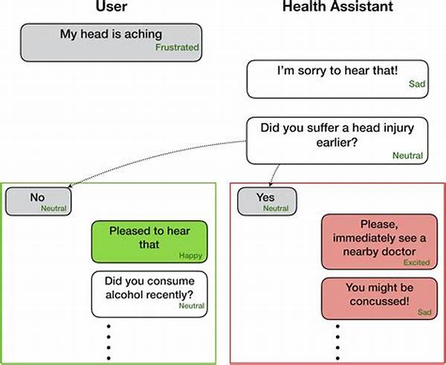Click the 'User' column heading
[x=111, y=6]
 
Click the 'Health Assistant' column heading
[x=337, y=6]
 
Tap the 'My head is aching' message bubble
[x=111, y=42]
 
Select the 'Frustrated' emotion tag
[x=177, y=48]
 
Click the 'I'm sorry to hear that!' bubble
[x=337, y=79]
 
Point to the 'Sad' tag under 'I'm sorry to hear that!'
[x=417, y=84]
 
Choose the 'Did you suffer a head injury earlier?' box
[x=337, y=140]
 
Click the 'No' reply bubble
[x=39, y=201]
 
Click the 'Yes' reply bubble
[x=267, y=201]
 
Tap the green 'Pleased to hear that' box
[x=149, y=242]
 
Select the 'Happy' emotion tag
[x=190, y=256]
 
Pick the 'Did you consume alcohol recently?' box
[x=149, y=294]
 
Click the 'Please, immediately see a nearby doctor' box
[x=379, y=242]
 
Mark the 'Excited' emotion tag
[x=416, y=262]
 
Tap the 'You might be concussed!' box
[x=379, y=298]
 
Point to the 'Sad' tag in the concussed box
[x=424, y=312]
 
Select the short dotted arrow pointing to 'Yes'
[x=273, y=175]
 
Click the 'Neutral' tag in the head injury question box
[x=407, y=155]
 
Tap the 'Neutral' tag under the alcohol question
[x=192, y=306]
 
